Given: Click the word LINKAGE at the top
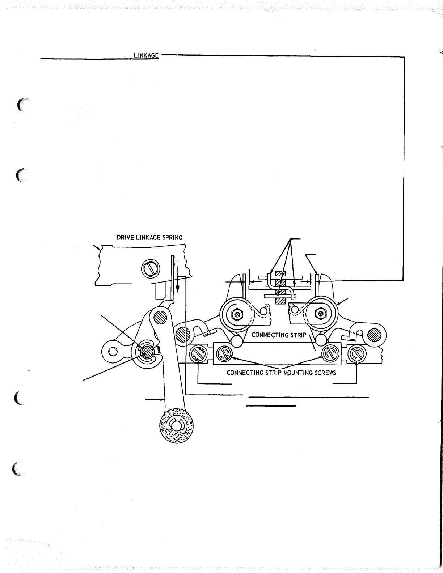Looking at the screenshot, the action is [x=146, y=55].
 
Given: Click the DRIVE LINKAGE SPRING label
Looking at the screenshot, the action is [x=149, y=238].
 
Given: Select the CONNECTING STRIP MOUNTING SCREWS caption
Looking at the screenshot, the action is [x=281, y=373].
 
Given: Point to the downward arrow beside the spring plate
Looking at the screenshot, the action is [x=178, y=277].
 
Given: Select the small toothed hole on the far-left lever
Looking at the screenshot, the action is [x=112, y=351].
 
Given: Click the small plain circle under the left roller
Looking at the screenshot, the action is [x=237, y=340].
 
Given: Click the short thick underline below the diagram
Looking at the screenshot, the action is [x=271, y=406].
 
